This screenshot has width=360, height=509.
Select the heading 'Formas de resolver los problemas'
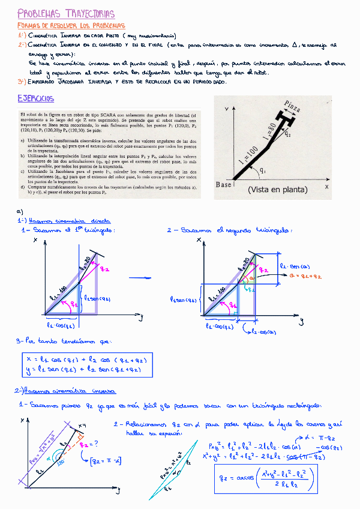pos(72,26)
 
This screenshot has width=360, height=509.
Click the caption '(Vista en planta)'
pos(278,190)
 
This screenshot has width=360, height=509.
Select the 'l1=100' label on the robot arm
pos(247,158)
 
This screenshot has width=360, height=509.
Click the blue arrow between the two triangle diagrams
pos(141,277)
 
